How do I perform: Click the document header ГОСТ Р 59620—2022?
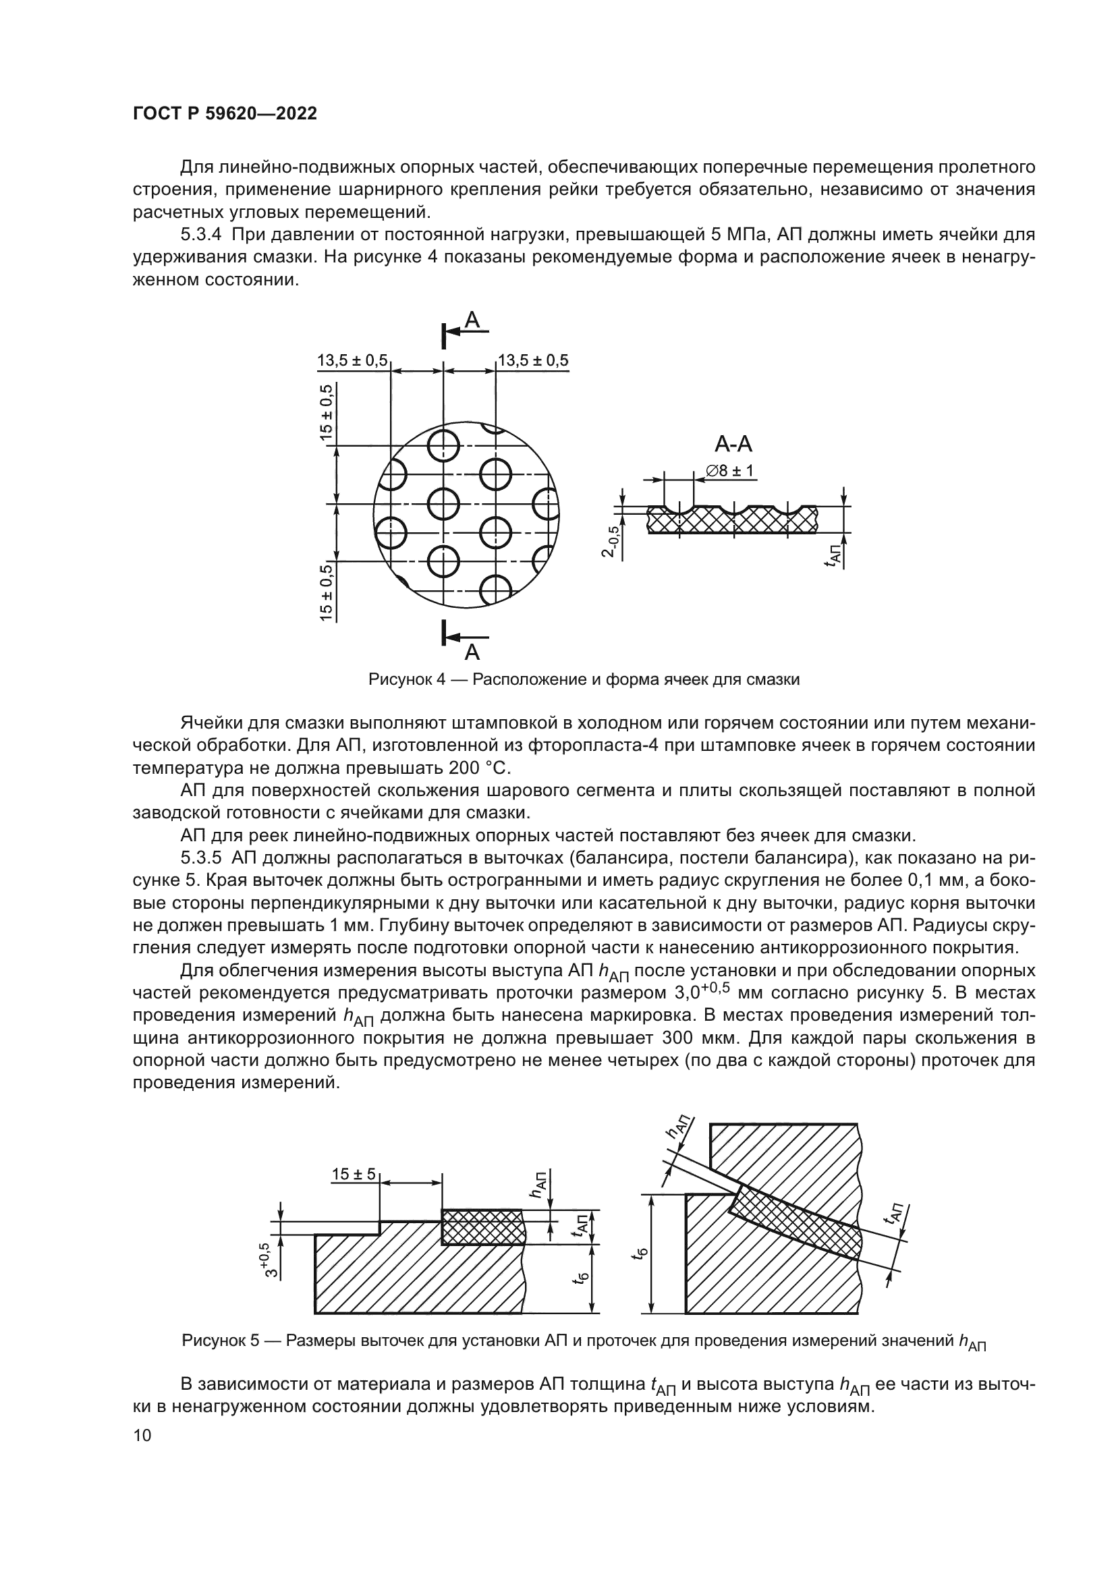click(225, 114)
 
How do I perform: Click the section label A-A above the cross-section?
click(733, 445)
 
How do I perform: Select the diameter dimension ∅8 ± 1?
click(730, 471)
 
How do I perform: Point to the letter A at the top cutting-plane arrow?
click(472, 320)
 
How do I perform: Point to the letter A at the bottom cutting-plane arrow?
click(472, 651)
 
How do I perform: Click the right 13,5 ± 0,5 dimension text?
click(533, 360)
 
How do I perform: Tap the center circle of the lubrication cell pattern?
click(443, 504)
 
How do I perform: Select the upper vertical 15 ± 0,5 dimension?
click(327, 412)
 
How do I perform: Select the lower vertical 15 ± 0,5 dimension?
click(327, 592)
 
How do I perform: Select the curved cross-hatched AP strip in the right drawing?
click(797, 1222)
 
